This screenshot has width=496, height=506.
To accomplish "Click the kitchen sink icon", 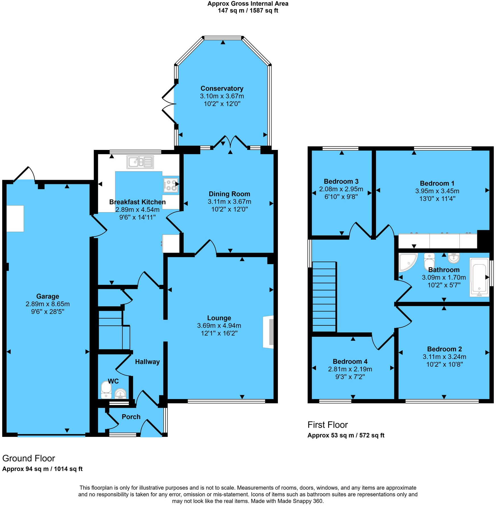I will (140, 162).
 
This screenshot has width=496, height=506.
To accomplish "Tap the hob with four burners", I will (171, 185).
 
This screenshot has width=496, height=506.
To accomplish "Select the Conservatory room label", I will (222, 88).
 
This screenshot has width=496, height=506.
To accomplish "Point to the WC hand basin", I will (120, 394).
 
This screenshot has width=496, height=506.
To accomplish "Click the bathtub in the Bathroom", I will (479, 277).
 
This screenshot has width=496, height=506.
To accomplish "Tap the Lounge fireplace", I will (269, 332).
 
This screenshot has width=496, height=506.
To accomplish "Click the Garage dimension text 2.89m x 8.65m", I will (47, 304).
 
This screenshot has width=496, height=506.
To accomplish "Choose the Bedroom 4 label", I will (350, 362).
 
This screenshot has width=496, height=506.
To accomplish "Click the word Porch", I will (131, 417).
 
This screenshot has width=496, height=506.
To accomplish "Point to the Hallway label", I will (147, 362).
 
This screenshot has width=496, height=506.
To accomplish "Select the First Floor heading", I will (327, 425).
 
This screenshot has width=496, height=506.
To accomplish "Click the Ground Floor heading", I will (28, 459).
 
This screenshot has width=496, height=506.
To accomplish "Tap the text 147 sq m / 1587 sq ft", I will (248, 11).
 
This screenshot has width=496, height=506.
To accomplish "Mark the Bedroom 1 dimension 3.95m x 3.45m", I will (437, 191).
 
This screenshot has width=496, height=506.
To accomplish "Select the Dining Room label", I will (229, 194).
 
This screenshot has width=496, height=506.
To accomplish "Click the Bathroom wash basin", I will (454, 258).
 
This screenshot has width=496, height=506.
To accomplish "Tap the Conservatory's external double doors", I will (169, 104).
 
